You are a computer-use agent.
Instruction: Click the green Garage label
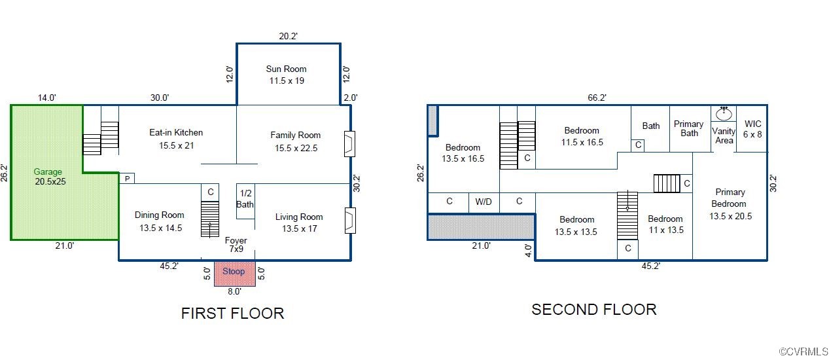(48, 177)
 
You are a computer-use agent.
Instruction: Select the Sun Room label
(286, 75)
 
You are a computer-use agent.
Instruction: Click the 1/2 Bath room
(245, 199)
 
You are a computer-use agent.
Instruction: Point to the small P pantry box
(126, 179)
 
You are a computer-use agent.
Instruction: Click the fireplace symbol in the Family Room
(349, 144)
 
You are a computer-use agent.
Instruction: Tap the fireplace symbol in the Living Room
(349, 221)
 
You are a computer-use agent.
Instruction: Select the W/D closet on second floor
(484, 202)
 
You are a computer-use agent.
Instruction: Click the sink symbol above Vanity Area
(724, 113)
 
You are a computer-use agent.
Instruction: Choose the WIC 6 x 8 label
(752, 129)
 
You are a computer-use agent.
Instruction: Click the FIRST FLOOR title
(232, 314)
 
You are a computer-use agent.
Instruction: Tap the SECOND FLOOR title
(593, 310)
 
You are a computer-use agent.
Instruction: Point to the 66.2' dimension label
(597, 98)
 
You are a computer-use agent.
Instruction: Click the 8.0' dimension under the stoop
(234, 291)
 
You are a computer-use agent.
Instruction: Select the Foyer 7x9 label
(236, 245)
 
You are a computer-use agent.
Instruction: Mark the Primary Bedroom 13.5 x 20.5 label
(730, 204)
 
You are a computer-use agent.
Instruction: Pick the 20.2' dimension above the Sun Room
(288, 37)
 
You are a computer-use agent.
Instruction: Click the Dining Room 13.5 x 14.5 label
(160, 221)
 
